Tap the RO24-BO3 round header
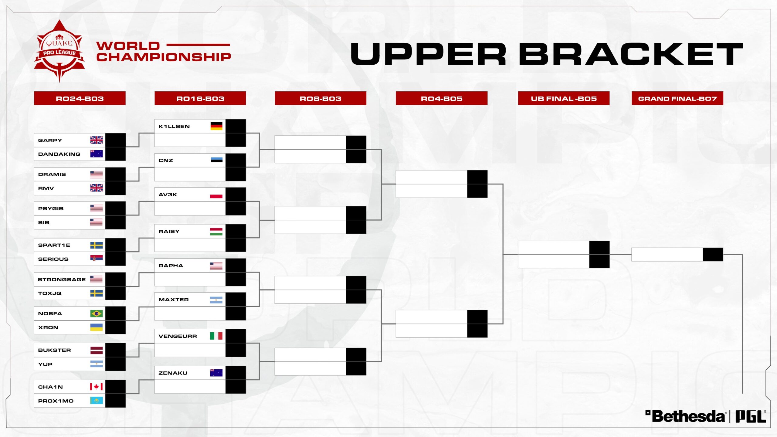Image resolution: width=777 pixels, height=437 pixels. point(80,98)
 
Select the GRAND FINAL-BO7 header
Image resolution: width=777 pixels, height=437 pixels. point(677,98)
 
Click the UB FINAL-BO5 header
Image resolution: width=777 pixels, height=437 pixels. point(564,98)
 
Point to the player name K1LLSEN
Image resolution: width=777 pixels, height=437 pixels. point(174,126)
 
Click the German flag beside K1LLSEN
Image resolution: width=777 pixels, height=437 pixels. point(216,126)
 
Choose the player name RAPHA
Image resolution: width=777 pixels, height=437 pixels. point(171,266)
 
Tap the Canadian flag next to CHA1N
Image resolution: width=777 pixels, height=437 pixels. point(97,387)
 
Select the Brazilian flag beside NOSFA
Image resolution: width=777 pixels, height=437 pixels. point(97,313)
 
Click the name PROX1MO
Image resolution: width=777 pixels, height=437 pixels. point(56,401)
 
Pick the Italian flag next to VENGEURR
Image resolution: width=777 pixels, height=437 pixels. point(216,336)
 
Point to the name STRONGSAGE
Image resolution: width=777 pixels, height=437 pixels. point(62,279)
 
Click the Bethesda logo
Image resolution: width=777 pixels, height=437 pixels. point(685,416)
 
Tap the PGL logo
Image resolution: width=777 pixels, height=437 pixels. point(751,416)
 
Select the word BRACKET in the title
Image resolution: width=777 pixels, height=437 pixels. point(631,54)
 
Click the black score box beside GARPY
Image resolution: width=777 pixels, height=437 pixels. point(115,140)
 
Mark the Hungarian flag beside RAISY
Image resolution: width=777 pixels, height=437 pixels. point(216,232)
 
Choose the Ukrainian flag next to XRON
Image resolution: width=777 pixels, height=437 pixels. point(97,327)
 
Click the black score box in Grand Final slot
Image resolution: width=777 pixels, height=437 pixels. point(713,254)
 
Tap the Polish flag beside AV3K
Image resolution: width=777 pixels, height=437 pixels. point(216,195)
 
